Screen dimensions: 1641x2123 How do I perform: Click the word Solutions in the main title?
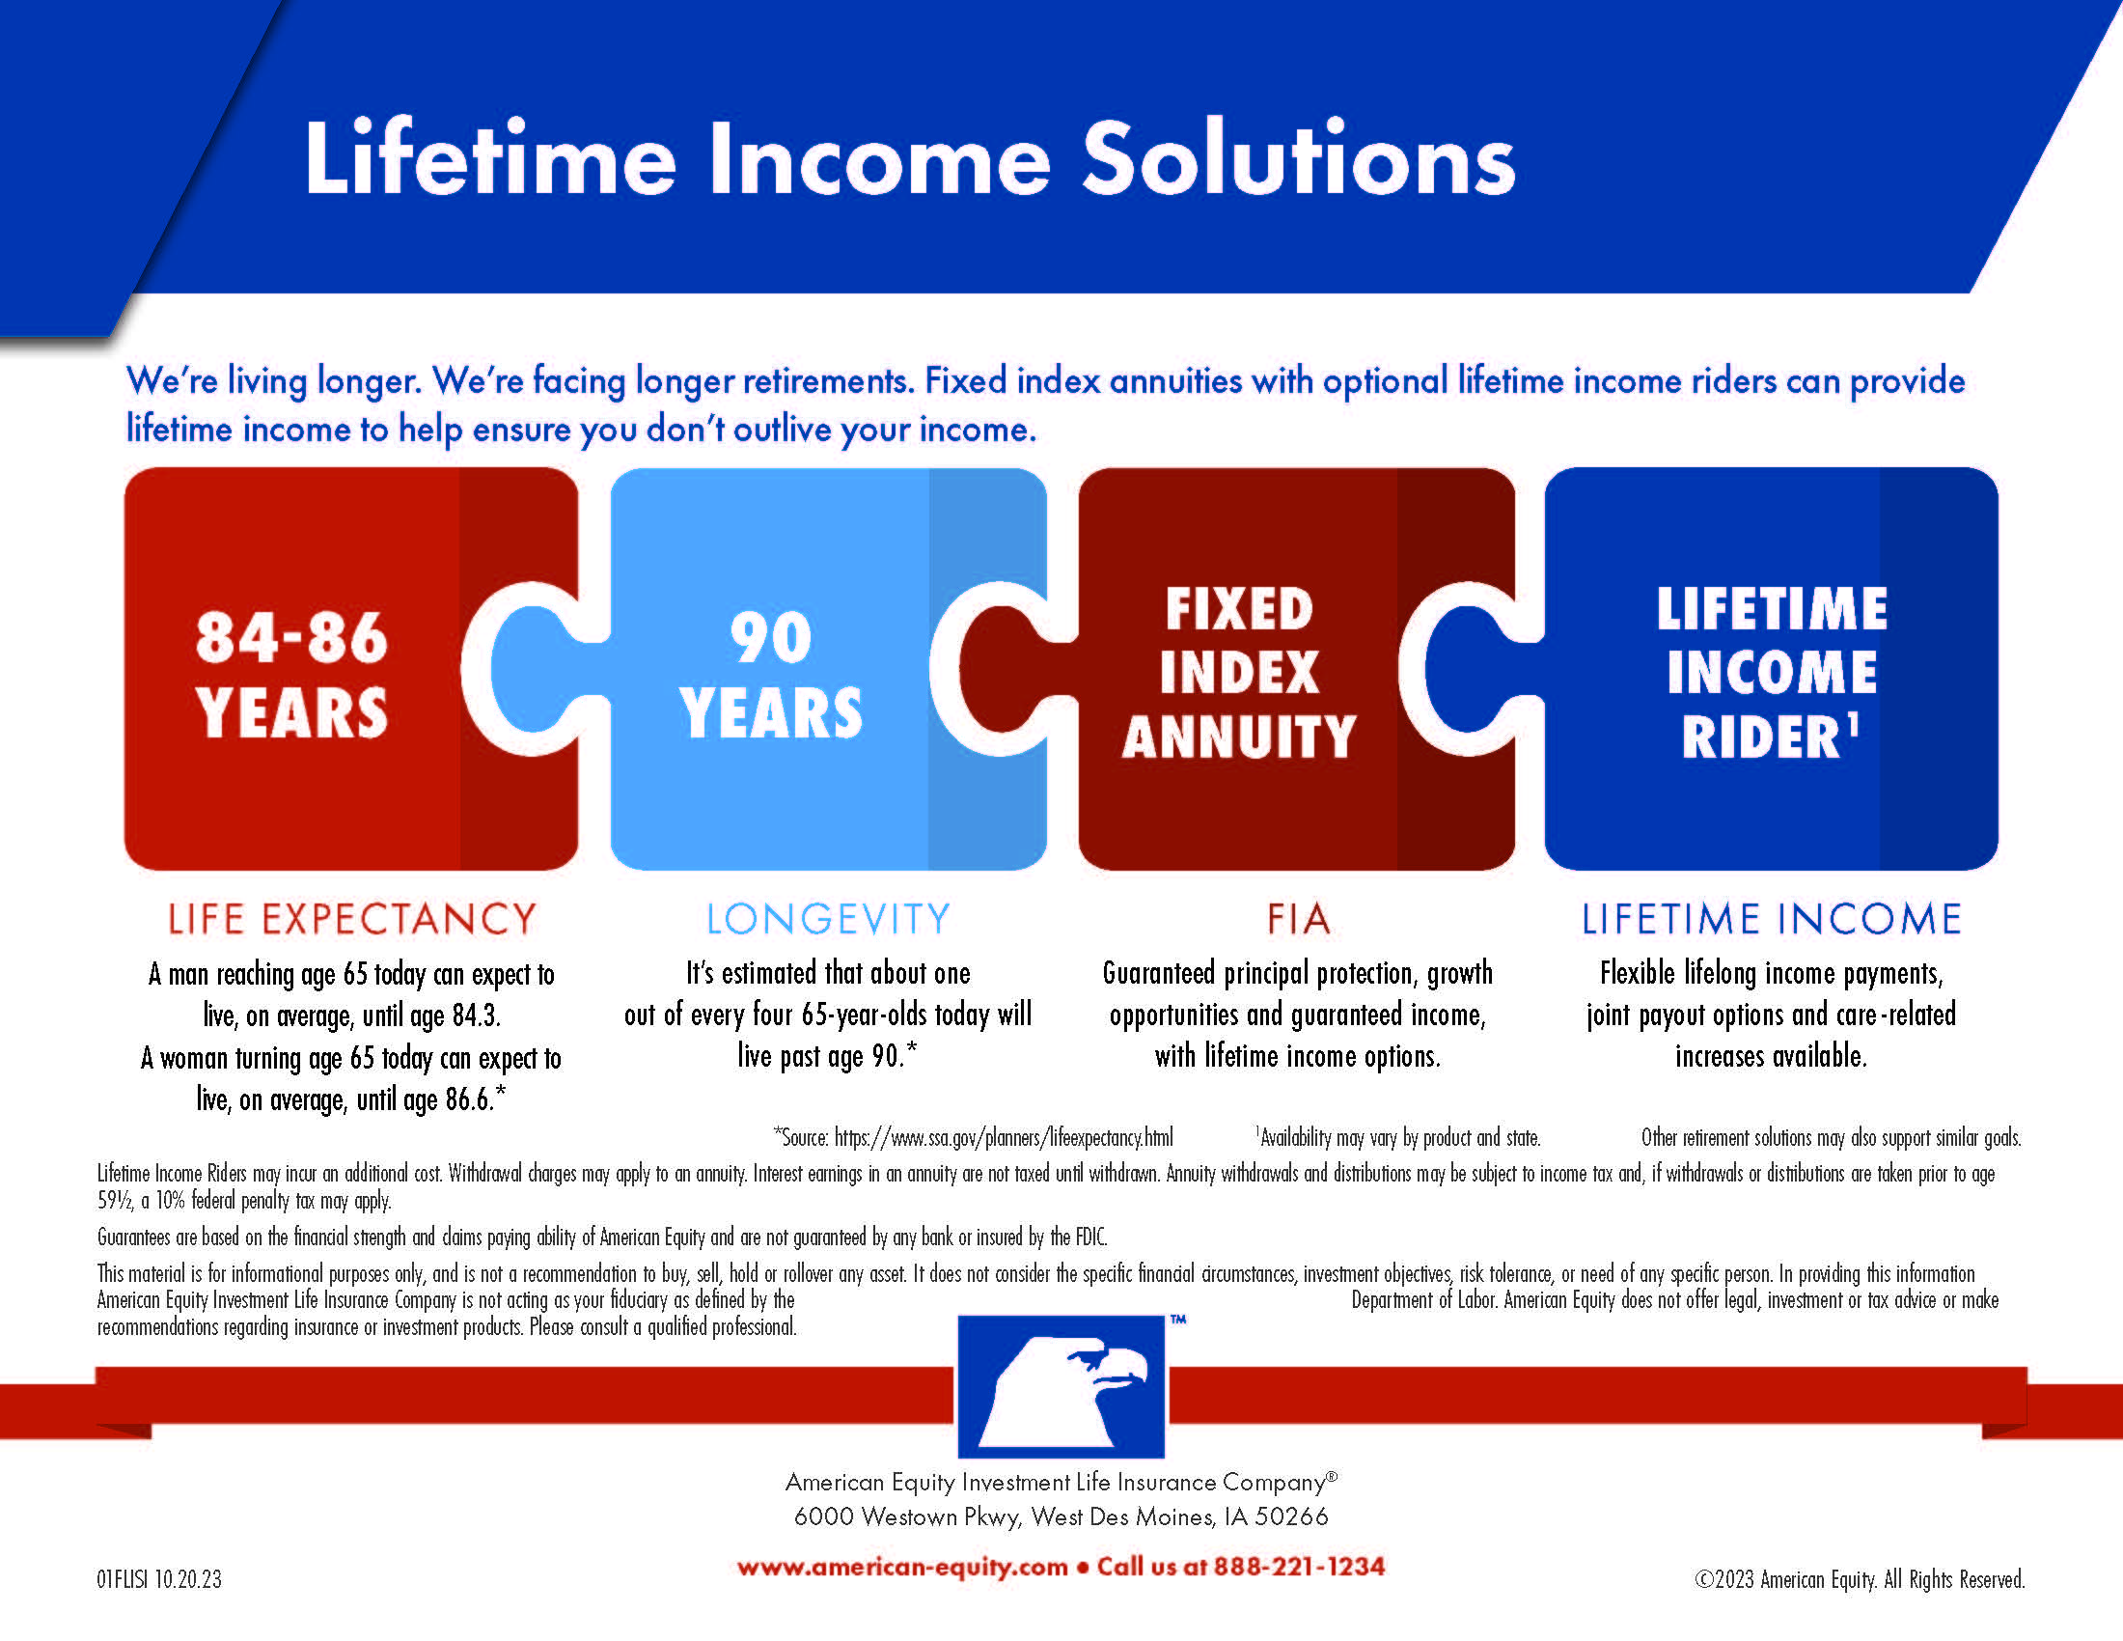(1299, 159)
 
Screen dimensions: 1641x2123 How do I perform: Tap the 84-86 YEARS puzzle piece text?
(291, 674)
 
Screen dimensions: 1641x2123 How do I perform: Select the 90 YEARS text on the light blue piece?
(771, 674)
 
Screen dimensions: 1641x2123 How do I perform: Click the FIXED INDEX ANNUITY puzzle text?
(1238, 672)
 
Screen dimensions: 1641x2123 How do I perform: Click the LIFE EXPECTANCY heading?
(352, 920)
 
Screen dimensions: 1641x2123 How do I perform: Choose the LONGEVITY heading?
(828, 920)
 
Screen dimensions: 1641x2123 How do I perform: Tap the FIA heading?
(1298, 920)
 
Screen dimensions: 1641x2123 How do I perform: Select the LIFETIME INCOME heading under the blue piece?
(1771, 920)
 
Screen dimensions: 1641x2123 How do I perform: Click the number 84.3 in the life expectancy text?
(476, 1015)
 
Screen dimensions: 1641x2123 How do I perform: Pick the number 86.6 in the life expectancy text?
(470, 1099)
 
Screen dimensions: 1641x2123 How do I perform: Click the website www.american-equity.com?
(902, 1567)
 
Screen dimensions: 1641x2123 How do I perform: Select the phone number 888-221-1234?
(1299, 1567)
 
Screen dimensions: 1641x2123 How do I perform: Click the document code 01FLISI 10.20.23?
(159, 1580)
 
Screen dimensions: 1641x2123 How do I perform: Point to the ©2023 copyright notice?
(1859, 1580)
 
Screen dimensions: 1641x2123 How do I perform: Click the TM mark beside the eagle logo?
(1178, 1321)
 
